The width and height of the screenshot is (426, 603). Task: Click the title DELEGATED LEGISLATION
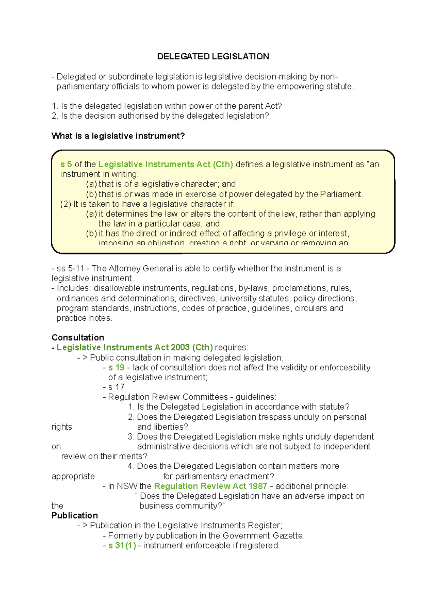[213, 56]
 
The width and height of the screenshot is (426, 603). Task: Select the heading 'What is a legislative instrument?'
[118, 136]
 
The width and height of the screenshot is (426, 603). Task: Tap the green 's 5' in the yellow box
[66, 164]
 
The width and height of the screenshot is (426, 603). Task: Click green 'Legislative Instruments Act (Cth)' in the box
[165, 164]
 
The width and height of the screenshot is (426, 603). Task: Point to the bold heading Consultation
[78, 337]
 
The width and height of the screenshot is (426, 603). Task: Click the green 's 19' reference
[116, 368]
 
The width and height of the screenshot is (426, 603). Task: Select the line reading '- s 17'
[114, 387]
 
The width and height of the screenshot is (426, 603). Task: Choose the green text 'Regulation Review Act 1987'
[211, 486]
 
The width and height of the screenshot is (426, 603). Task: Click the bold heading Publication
[75, 516]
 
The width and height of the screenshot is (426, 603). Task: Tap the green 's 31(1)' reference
[122, 545]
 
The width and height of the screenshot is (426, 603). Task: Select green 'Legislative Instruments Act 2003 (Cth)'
[135, 347]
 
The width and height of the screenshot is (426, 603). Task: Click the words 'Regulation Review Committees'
[168, 397]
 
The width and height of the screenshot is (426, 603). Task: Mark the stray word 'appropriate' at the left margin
[73, 476]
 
